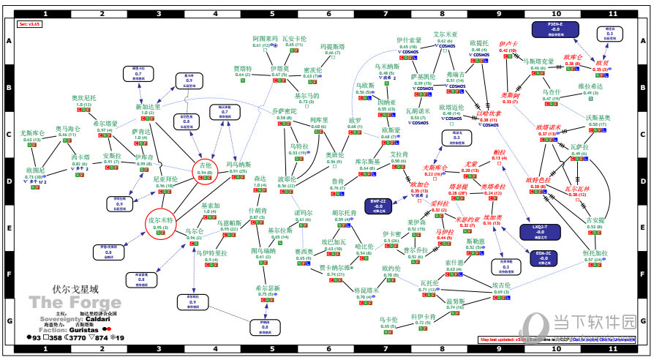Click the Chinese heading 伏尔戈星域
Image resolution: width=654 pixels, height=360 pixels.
(x=59, y=289)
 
